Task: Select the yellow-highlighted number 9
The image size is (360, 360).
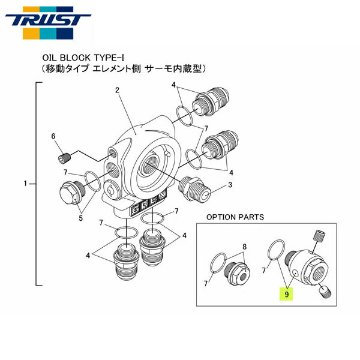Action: (x=287, y=294)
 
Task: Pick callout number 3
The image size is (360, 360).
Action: (x=229, y=185)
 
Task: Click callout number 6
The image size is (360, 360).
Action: (x=53, y=137)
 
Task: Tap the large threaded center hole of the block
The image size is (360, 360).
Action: (x=152, y=163)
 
